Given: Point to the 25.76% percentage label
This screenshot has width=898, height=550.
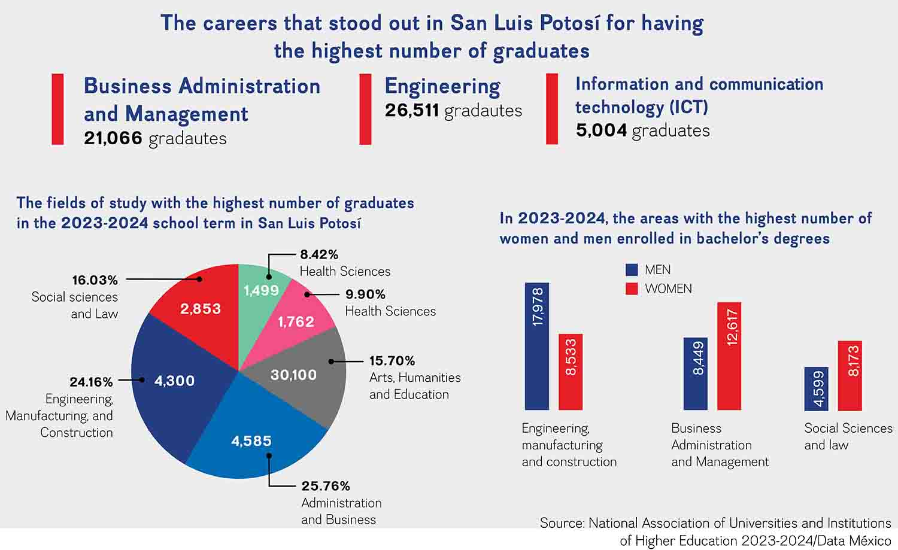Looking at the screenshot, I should (326, 486).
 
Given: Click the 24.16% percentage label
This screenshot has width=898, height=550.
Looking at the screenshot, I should (91, 382).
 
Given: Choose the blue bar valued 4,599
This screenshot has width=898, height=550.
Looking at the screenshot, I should (816, 388).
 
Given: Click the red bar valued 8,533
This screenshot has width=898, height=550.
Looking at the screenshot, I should (571, 372).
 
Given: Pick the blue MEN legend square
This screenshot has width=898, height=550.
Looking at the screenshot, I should (632, 270).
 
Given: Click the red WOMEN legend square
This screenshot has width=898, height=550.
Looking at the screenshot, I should (632, 288).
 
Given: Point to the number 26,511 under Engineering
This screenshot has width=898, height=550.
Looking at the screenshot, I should (412, 111).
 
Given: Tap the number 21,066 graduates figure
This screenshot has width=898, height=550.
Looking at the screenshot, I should (113, 138).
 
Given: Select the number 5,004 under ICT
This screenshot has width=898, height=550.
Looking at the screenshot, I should (602, 130).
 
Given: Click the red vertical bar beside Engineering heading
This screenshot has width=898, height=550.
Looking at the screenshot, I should (365, 109).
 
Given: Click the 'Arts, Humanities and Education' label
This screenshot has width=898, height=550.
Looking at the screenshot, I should (414, 386).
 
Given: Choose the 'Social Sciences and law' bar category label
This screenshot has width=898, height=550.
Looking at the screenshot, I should (848, 436).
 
